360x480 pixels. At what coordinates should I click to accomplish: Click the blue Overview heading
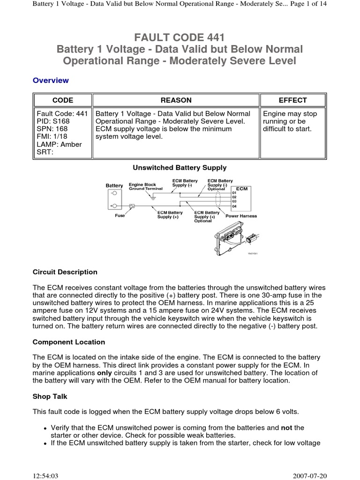(51, 80)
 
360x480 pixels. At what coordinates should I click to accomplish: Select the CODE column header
(62, 100)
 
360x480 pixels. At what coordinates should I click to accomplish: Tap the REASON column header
(176, 100)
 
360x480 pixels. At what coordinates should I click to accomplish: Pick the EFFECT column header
(292, 100)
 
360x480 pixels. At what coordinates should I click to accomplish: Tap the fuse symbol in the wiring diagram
(132, 206)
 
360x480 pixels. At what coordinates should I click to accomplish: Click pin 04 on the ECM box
(234, 206)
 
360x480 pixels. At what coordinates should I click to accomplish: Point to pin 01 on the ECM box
(234, 192)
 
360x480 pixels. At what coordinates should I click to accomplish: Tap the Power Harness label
(241, 216)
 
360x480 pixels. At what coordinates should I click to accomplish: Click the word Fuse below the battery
(120, 216)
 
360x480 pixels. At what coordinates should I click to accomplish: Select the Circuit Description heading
(65, 272)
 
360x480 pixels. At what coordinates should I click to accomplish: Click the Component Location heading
(69, 342)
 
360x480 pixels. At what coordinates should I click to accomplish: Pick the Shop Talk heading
(50, 396)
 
